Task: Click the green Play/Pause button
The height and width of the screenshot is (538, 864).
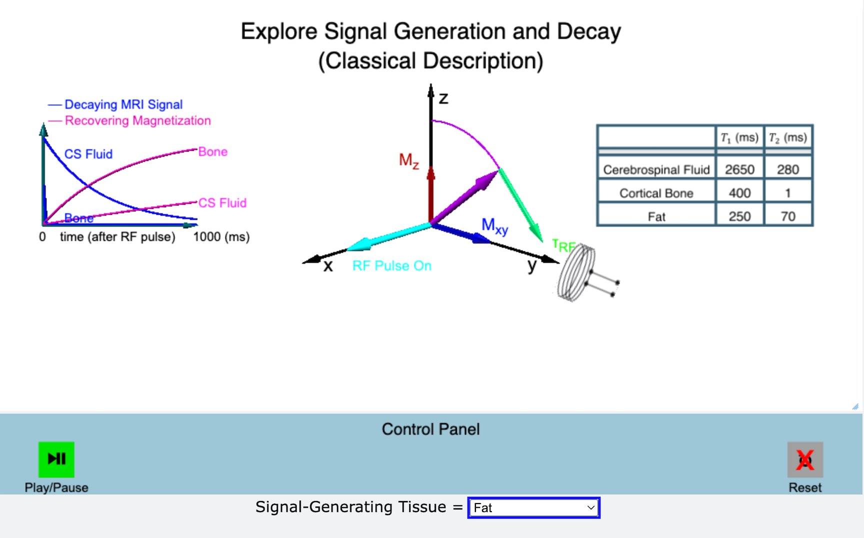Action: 56,459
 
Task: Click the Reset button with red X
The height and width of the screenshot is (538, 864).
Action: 805,460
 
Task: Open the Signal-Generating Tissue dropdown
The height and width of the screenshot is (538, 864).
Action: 533,508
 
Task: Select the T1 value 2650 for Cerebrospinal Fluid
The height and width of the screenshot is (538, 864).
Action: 739,169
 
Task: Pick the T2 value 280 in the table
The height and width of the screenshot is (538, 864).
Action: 787,169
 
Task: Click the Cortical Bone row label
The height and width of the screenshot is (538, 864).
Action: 656,193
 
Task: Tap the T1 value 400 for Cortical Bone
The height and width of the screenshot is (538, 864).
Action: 739,193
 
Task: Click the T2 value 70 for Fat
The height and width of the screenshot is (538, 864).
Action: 787,216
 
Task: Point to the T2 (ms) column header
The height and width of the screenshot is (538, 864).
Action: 787,137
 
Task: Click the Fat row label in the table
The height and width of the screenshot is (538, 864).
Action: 656,217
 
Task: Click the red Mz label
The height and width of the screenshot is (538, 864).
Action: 408,160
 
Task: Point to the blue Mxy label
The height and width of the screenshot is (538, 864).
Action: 494,226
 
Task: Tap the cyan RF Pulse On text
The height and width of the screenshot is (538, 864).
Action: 391,266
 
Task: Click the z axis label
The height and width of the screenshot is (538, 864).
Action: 443,98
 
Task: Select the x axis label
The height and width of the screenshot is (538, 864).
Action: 328,266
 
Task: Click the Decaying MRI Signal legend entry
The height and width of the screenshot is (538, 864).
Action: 123,104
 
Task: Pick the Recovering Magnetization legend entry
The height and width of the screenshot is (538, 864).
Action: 137,120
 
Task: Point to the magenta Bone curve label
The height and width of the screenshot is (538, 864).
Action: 213,152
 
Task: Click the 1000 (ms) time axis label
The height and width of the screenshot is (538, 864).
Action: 221,237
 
